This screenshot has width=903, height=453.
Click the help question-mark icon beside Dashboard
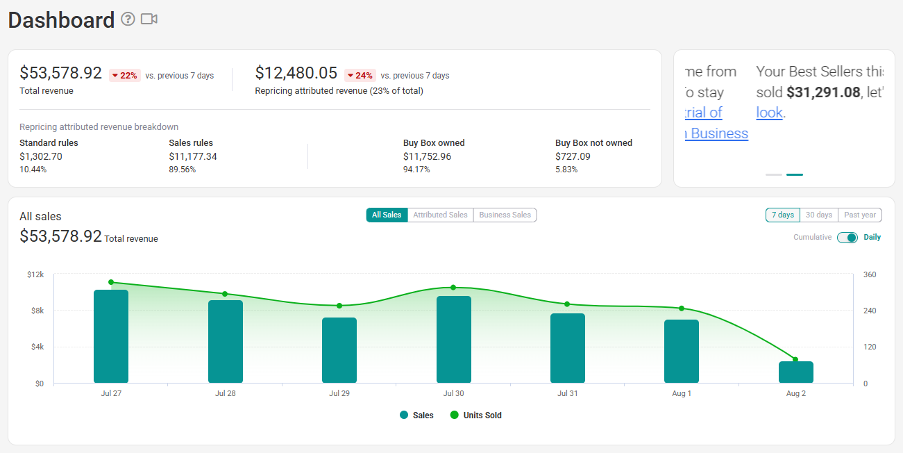coord(128,19)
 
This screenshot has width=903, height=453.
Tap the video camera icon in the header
coord(149,19)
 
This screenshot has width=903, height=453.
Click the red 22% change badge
coord(124,76)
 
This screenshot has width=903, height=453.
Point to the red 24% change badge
coord(360,76)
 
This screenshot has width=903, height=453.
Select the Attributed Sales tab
coord(440,215)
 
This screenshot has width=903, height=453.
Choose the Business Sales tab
coord(505,215)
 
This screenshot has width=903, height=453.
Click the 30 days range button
coord(819,215)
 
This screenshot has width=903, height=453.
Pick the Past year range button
coord(860,215)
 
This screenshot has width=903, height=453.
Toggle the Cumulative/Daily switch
coord(847,238)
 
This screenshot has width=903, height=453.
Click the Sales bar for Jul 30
coord(453,339)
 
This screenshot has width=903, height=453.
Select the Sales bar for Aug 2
coord(796,372)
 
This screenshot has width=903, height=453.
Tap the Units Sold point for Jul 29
coord(339,306)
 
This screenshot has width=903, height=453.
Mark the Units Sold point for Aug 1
coord(682,308)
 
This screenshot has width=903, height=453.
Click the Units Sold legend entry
coord(475,415)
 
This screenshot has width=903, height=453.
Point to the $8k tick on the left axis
coord(37,311)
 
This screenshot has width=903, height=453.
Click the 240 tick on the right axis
coord(870,311)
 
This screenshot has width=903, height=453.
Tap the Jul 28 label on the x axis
coord(226,393)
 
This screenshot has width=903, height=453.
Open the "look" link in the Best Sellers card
coord(769,113)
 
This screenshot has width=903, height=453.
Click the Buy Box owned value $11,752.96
coord(427,156)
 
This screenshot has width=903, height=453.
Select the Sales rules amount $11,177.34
coord(193,156)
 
